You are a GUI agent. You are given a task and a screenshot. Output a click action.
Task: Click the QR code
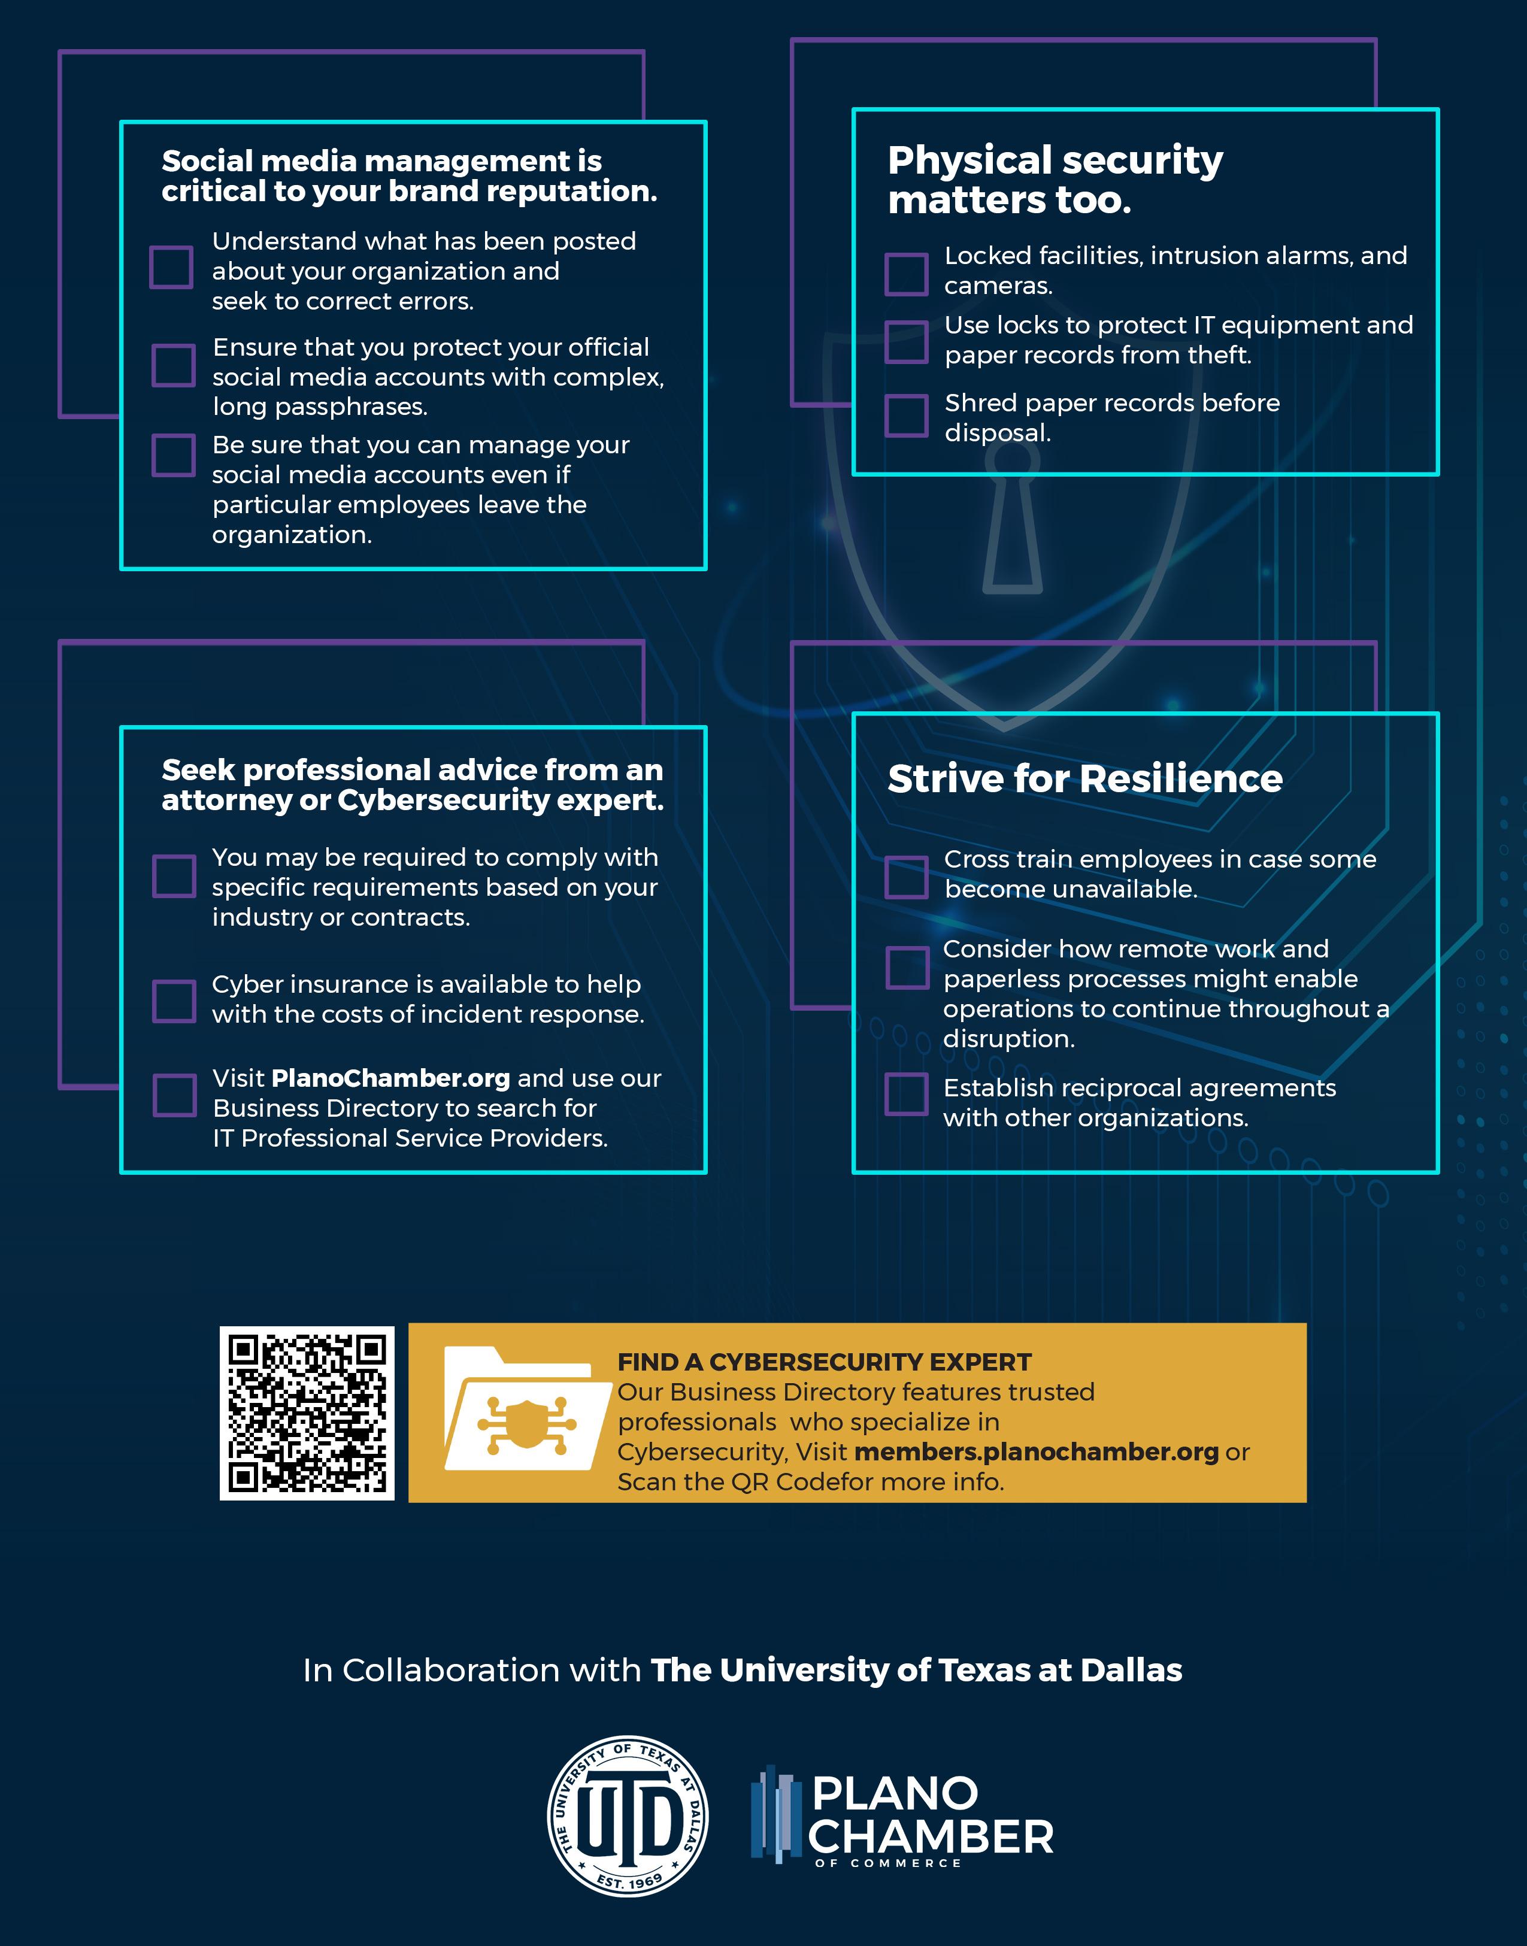307,1413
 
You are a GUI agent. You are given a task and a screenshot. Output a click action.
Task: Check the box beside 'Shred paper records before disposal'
907,415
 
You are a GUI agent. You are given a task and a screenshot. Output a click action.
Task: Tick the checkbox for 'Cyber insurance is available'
174,1001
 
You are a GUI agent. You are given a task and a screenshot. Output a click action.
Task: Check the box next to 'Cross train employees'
907,877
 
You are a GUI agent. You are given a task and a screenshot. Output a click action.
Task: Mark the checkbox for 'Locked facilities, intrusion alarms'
907,274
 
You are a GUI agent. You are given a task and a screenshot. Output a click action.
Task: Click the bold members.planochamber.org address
1036,1451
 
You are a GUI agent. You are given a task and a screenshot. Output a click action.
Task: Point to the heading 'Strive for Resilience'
1084,778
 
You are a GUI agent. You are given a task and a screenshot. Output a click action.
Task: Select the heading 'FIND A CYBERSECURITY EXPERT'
825,1362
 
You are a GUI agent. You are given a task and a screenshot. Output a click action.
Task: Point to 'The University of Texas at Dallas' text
916,1670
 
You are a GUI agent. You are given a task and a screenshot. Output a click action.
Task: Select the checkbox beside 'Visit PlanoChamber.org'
174,1095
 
